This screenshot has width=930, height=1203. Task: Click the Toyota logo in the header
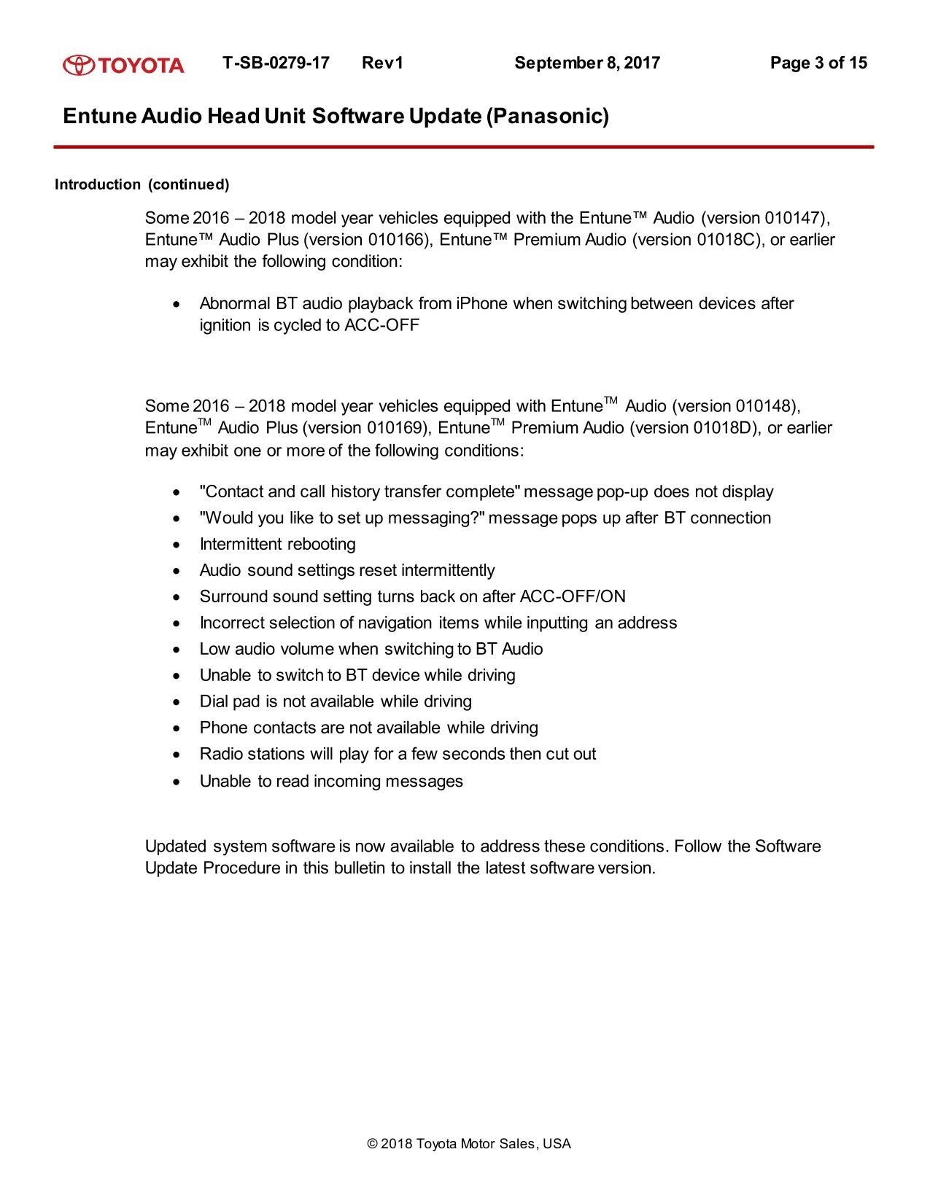tap(123, 65)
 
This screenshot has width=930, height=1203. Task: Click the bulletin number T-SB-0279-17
tap(276, 63)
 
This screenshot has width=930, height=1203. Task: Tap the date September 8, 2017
tap(586, 63)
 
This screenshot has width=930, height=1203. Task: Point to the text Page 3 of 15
tap(818, 63)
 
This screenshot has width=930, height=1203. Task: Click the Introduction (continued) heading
tap(142, 184)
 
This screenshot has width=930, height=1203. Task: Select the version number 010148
tap(766, 406)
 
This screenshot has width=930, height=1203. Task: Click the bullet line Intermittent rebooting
tap(277, 544)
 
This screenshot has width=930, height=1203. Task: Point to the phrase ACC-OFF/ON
tap(573, 596)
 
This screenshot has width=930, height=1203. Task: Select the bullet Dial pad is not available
tap(336, 701)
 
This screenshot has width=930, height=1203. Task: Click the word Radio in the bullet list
tap(221, 754)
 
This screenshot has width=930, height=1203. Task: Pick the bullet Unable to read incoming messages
tap(331, 781)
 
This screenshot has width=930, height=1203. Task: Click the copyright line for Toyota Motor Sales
tap(469, 1144)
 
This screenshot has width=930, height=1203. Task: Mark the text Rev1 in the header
tap(382, 63)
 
